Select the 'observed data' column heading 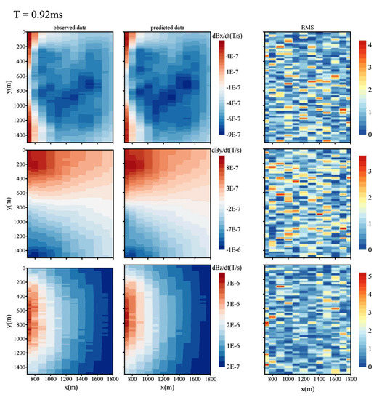[69, 28]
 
